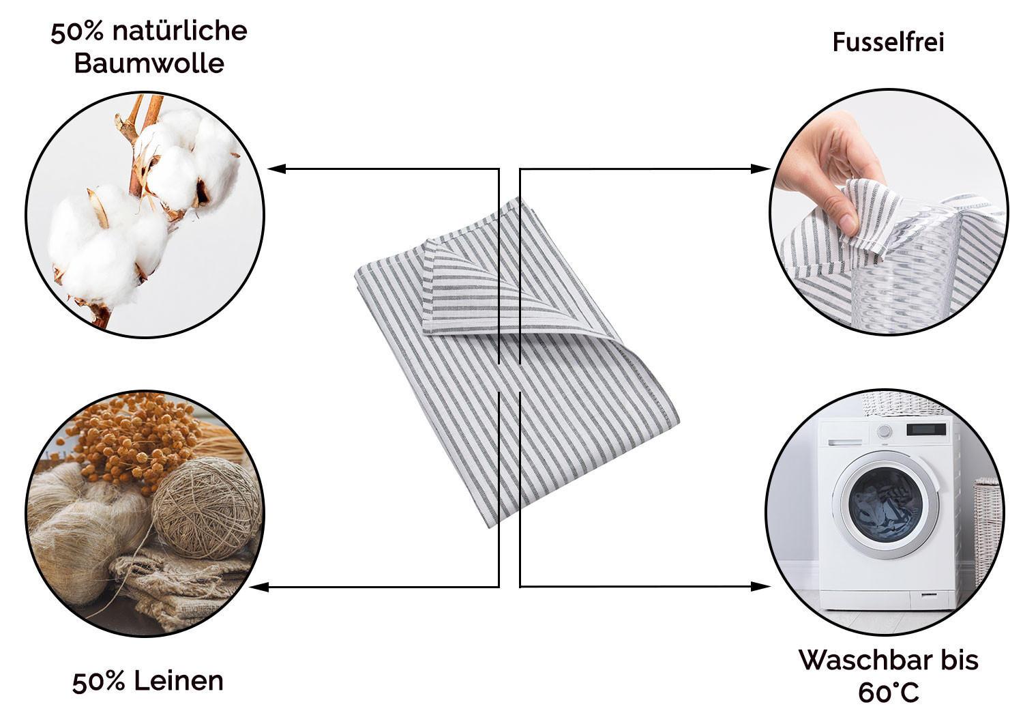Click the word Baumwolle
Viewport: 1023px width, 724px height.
coord(149,63)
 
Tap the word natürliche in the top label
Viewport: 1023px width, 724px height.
coord(180,31)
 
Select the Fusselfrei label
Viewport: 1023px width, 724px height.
coord(888,42)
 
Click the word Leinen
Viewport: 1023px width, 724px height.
coord(179,681)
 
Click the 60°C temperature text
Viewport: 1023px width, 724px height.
coord(889,693)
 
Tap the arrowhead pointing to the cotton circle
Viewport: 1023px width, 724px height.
coord(276,169)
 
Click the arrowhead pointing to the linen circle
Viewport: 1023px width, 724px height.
coord(259,587)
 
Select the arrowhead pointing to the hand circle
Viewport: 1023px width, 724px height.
coord(761,169)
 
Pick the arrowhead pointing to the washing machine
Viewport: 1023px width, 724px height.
coord(761,586)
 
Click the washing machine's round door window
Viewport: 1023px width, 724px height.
coord(885,505)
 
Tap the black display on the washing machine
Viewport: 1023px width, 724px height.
coord(926,429)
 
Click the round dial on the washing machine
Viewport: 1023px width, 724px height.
coord(884,431)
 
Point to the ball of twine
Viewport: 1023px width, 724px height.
coord(207,508)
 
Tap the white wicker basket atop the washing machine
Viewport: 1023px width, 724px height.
coord(896,404)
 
